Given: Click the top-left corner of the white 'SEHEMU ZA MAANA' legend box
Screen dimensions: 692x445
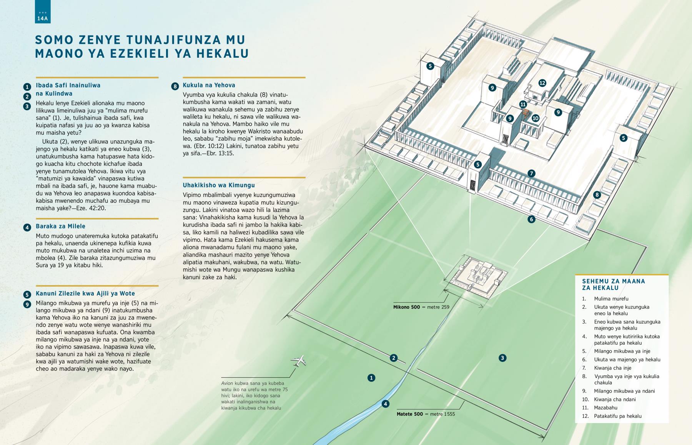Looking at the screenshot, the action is pyautogui.click(x=576, y=274).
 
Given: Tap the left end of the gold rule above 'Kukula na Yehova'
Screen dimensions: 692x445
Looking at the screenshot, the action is pyautogui.click(x=183, y=77).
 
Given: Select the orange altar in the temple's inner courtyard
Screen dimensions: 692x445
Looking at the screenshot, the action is pyautogui.click(x=526, y=114).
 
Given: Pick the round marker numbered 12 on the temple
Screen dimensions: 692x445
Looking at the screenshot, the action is pyautogui.click(x=542, y=83).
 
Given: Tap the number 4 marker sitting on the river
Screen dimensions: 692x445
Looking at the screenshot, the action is pyautogui.click(x=386, y=404).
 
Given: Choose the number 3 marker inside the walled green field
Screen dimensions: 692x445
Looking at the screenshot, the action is pyautogui.click(x=502, y=358).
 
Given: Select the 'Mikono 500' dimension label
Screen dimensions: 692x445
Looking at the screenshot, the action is pyautogui.click(x=407, y=307).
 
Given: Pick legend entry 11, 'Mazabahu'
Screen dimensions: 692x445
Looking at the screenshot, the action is pyautogui.click(x=606, y=408).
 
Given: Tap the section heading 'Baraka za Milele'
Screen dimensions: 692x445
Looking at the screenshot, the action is pyautogui.click(x=61, y=227).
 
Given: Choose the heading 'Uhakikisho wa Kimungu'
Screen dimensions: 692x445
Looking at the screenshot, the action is pyautogui.click(x=219, y=185).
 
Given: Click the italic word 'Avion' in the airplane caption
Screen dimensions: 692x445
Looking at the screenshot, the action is pyautogui.click(x=227, y=383).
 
